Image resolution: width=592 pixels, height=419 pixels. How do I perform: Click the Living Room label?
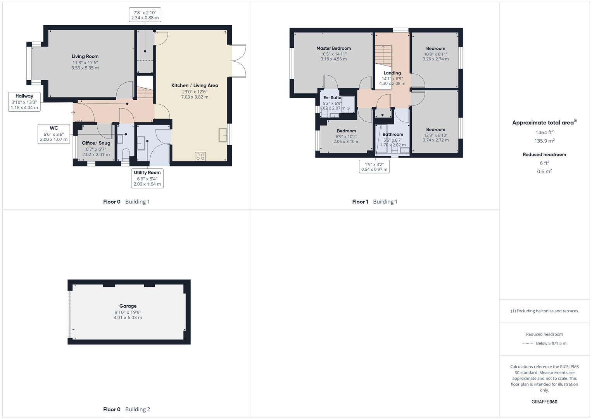85,57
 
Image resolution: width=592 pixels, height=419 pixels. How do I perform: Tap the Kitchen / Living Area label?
195,86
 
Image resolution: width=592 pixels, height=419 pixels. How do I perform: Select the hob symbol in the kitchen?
200,156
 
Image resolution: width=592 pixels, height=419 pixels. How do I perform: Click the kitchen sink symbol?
223,135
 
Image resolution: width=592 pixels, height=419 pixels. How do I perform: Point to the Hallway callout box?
24,102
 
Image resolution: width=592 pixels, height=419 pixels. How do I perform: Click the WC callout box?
54,134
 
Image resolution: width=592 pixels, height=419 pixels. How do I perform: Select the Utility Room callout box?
147,178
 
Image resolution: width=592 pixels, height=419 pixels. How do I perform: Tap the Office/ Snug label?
96,143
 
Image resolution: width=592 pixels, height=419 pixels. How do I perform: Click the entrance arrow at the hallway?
73,113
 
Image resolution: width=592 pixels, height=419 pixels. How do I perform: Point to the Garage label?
128,306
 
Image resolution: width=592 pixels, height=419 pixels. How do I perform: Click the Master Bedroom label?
333,48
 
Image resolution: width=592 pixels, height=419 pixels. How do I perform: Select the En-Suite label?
332,98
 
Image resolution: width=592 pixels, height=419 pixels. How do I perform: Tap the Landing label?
392,73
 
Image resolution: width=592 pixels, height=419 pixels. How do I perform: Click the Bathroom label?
393,135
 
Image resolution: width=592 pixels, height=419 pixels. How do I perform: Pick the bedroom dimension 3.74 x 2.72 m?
436,140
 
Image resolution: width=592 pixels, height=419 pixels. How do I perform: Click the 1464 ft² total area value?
544,133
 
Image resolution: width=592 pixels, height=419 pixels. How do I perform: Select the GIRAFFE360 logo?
544,402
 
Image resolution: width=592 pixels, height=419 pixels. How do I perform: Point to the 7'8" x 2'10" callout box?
145,15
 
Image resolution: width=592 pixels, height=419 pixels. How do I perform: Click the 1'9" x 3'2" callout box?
374,167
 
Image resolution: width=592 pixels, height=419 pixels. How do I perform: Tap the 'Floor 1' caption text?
360,202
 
